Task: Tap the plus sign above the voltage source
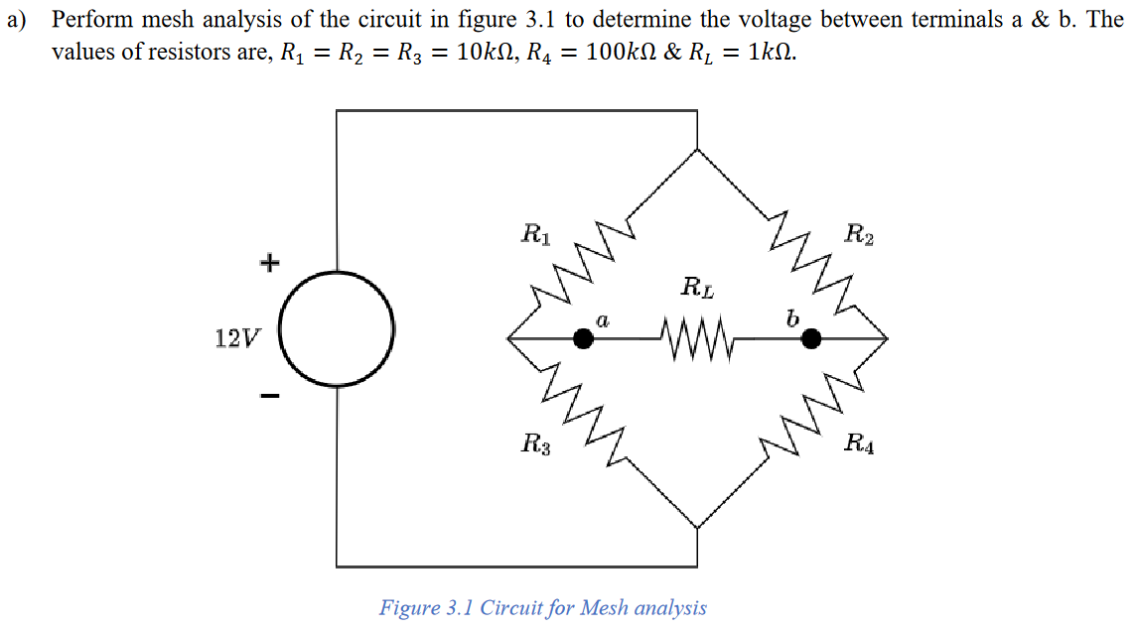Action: click(269, 263)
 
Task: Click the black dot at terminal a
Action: click(584, 339)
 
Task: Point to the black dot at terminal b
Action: click(811, 339)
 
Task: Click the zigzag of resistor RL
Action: click(695, 339)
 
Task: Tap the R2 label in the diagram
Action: click(859, 235)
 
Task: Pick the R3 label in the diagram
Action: click(536, 443)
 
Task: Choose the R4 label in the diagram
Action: click(859, 443)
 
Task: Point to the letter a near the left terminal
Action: click(602, 318)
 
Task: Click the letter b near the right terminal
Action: click(791, 317)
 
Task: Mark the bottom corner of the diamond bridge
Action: click(697, 529)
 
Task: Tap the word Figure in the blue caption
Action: click(409, 607)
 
